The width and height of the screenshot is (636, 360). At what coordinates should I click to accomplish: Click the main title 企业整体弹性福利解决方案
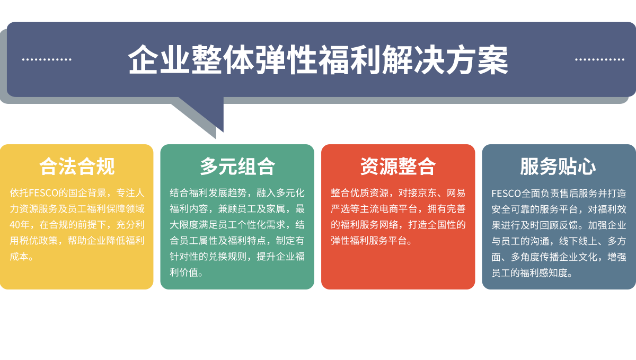pos(318,60)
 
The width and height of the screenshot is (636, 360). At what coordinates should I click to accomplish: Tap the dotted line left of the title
pos(47,59)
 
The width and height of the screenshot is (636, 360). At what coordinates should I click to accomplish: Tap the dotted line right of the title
pos(599,59)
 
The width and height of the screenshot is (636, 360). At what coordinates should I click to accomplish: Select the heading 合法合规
pos(77,166)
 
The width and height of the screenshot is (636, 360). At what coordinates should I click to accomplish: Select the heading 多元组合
pos(237,166)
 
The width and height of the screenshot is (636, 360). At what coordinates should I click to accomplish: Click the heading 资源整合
pos(398,166)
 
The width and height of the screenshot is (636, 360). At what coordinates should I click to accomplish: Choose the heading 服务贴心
pos(558,166)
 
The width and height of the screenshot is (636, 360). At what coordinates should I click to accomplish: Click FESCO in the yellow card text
pos(43,193)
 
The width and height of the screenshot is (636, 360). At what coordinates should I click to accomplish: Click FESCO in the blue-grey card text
pos(506,194)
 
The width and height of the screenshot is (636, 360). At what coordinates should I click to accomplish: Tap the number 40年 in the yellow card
pos(20,225)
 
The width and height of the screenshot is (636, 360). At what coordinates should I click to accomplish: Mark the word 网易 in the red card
pos(456,193)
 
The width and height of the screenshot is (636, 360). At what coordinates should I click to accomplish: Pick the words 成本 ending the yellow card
pos(19,257)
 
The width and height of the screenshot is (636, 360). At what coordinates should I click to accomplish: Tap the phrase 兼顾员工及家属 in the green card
pos(252,209)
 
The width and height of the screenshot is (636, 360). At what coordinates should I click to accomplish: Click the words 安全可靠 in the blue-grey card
pos(511,209)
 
